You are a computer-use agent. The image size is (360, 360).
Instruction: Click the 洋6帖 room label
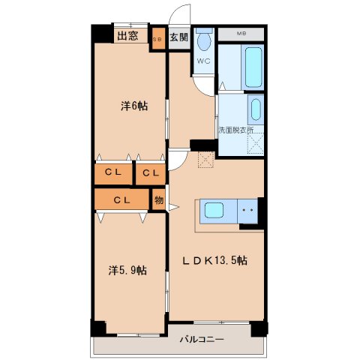click(134, 106)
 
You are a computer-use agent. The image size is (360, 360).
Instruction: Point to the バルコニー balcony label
click(202, 340)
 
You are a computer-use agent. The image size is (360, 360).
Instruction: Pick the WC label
click(203, 61)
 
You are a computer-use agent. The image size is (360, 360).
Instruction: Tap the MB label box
click(241, 34)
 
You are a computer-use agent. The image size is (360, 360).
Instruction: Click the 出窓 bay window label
click(126, 35)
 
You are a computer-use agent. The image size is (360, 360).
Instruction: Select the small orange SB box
click(158, 38)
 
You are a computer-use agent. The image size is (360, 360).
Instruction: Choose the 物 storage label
click(159, 199)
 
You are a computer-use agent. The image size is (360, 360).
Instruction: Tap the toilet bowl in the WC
click(203, 40)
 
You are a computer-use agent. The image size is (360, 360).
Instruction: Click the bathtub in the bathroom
click(252, 68)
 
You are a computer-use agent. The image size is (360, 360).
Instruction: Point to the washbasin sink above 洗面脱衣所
click(255, 109)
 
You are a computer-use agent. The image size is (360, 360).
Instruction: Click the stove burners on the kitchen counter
click(250, 212)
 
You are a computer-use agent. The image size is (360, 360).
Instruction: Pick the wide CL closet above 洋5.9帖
click(122, 199)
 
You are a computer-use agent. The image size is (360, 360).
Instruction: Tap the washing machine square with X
click(255, 145)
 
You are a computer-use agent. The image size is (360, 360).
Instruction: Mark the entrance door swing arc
click(178, 15)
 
